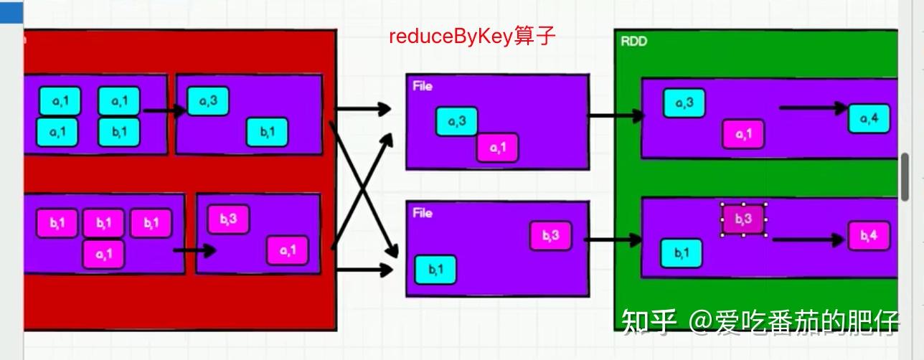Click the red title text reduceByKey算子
point(472,37)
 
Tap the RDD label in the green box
point(633,42)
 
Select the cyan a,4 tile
point(869,118)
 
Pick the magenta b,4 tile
point(869,235)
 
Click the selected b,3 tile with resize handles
point(743,219)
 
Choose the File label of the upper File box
point(423,86)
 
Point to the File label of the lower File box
point(423,213)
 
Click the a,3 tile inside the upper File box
point(457,121)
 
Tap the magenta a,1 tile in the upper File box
point(497,148)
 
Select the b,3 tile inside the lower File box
point(551,236)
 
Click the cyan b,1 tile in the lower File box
point(435,270)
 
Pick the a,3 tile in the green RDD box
point(684,103)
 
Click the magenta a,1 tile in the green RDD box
point(743,134)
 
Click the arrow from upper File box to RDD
point(616,115)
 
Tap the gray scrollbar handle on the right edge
point(905,176)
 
